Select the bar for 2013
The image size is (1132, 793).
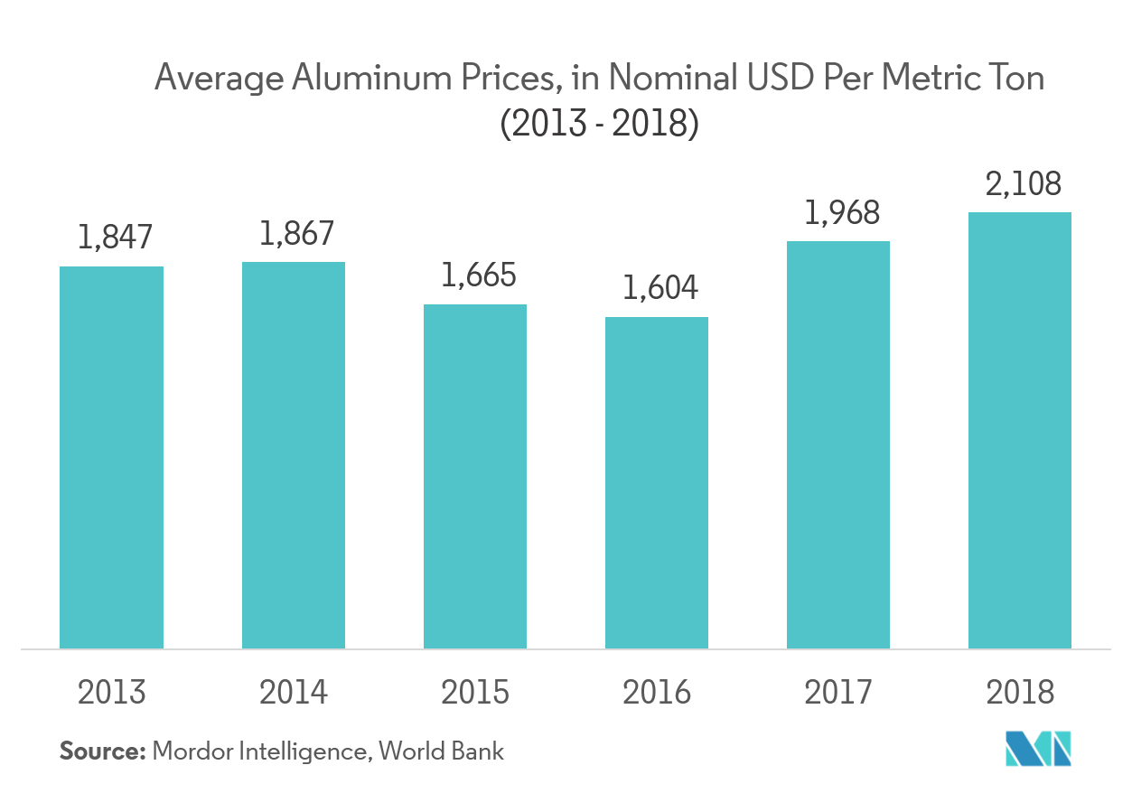click(x=111, y=457)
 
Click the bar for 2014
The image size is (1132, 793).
click(x=293, y=455)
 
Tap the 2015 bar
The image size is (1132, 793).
click(x=475, y=476)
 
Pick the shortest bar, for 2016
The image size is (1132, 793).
click(x=657, y=482)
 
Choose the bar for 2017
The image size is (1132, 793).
click(x=838, y=444)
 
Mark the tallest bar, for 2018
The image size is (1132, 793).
click(x=1020, y=430)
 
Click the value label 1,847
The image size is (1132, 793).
click(x=116, y=238)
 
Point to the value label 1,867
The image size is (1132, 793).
click(x=297, y=233)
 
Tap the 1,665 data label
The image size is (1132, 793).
click(x=479, y=275)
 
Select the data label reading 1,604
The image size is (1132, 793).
click(x=660, y=288)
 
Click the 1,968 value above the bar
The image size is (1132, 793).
click(x=842, y=212)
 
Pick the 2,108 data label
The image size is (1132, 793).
click(x=1024, y=183)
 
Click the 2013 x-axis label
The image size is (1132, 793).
click(x=112, y=693)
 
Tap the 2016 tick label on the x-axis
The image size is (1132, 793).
click(x=657, y=693)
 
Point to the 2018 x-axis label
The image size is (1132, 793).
click(x=1020, y=693)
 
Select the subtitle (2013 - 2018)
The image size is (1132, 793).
click(x=600, y=124)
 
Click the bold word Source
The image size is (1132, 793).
click(x=102, y=751)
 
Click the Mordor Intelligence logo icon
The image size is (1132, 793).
click(x=1038, y=749)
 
